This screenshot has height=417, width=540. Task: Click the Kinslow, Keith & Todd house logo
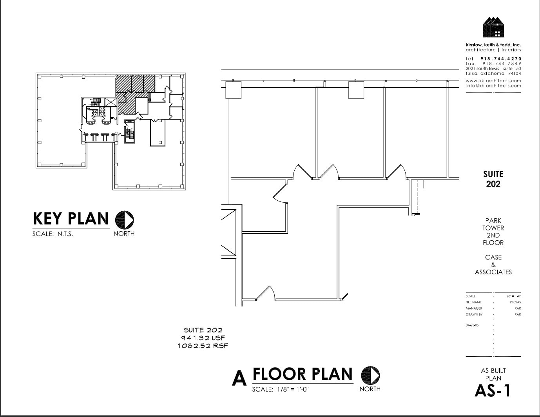point(493,27)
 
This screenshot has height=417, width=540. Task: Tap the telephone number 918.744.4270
point(501,59)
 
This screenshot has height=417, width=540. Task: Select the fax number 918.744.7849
point(502,63)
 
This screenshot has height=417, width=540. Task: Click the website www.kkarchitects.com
point(493,81)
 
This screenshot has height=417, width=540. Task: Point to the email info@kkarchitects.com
point(493,85)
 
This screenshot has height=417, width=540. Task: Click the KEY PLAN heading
point(71,219)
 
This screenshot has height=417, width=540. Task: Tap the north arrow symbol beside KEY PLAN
point(125,219)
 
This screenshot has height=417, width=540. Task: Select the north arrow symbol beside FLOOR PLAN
point(370,375)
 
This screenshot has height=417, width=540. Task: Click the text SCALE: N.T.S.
point(53,234)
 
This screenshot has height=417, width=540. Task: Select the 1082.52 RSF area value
point(203,346)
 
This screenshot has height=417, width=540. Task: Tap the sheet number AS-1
point(493,391)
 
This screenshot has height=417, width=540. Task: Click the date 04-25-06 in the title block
point(472,325)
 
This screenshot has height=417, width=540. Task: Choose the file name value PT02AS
point(515,302)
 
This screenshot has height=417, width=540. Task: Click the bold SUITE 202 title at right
point(493,179)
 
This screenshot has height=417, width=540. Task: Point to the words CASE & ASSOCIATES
point(493,265)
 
